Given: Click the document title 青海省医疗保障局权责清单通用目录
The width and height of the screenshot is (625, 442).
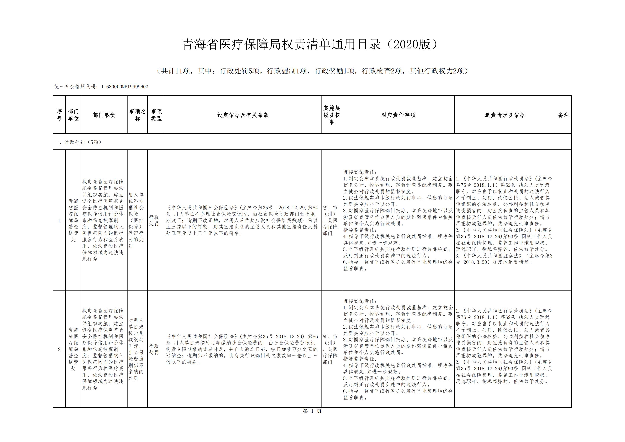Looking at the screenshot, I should (281, 44).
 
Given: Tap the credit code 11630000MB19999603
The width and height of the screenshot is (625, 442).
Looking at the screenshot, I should (125, 87).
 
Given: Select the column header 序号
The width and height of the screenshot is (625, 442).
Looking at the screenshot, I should (59, 115).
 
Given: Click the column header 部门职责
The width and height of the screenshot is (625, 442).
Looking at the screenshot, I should (104, 115).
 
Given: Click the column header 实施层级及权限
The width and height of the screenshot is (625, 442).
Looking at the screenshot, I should (331, 115).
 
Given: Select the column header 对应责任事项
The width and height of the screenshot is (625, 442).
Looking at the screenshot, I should (398, 115).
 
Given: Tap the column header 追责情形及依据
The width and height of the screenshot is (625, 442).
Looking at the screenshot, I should (505, 115).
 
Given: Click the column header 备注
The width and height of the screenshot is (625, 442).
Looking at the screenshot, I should (563, 115).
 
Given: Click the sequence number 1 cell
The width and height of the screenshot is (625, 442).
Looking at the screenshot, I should (59, 221).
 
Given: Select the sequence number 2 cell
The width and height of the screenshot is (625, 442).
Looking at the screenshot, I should (59, 349).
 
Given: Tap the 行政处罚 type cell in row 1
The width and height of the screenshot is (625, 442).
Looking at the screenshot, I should (154, 221).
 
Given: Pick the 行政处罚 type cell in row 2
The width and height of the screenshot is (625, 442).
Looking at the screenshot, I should (154, 349).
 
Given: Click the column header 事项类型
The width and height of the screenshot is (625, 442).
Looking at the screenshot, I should (156, 115).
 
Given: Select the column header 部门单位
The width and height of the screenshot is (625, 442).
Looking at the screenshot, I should (73, 115).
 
